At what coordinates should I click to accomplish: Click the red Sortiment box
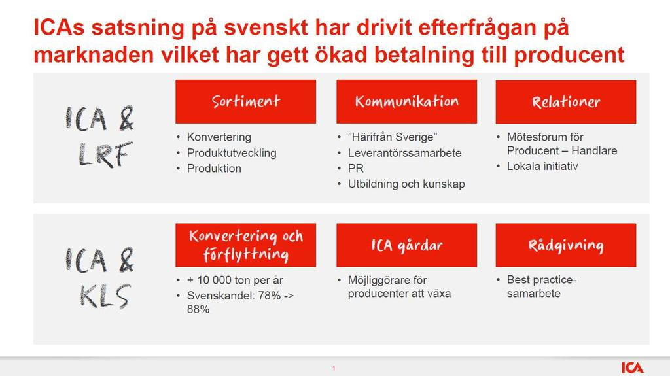coord(246,102)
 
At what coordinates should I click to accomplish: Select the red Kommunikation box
coord(407,102)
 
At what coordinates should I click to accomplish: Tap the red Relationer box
coord(566,102)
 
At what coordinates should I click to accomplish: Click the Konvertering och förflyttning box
coord(246,245)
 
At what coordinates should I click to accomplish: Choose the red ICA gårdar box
coord(407,245)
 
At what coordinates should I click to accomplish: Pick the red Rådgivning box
coord(566,245)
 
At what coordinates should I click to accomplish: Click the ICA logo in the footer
coord(633,367)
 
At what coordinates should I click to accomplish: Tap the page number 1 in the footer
coord(334,368)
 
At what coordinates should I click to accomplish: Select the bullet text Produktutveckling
coord(232,153)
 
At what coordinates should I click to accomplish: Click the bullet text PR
coord(355,168)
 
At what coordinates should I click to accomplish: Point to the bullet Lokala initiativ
coord(542,166)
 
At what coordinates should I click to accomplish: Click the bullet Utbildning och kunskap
coord(406,184)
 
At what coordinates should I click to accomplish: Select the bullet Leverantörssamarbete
coord(404,153)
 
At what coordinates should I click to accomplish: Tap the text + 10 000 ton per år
coord(235,280)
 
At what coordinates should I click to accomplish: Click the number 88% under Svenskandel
coord(198,309)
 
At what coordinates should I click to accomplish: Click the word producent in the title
coord(569,56)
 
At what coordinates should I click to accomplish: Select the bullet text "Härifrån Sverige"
coord(393,137)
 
